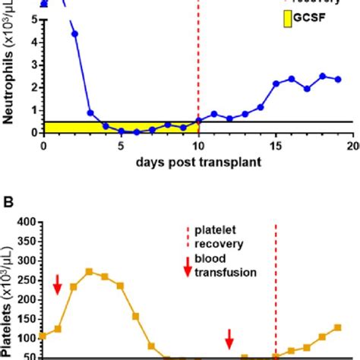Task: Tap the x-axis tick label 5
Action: (121, 145)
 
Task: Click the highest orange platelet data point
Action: (89, 271)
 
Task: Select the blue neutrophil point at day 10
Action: (198, 120)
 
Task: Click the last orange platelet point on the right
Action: (338, 327)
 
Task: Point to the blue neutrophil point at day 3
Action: (90, 112)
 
